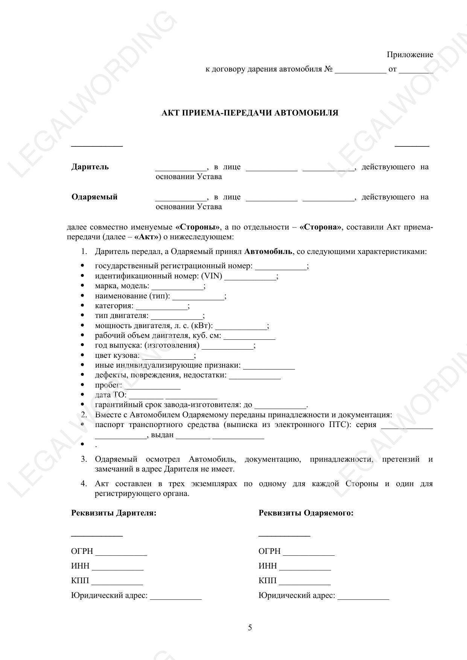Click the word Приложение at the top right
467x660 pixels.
[410, 55]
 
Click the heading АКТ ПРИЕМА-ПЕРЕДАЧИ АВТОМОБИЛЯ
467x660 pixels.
[249, 113]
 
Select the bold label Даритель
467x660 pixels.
[90, 167]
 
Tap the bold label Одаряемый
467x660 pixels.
[94, 197]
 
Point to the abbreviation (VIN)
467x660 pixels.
[212, 276]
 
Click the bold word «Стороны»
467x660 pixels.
[198, 227]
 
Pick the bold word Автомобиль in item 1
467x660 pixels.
[268, 251]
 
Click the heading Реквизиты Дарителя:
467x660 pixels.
[114, 513]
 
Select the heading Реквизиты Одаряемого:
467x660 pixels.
[306, 513]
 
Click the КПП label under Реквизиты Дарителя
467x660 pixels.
[80, 581]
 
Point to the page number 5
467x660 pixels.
[250, 628]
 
